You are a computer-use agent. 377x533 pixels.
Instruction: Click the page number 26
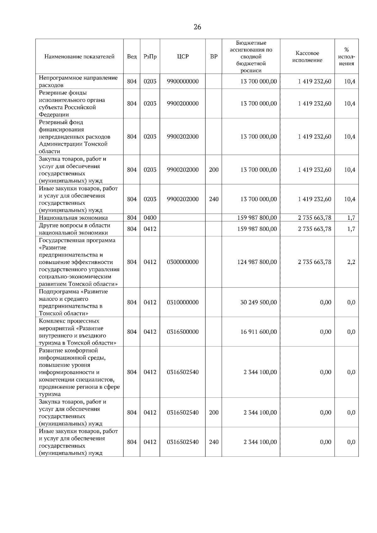point(197,27)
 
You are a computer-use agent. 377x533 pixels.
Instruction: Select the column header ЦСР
point(183,57)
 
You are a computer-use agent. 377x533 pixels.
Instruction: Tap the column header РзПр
point(150,57)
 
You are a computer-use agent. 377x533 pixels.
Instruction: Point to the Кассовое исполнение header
point(307,57)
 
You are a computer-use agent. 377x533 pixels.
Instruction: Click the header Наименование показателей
point(79,57)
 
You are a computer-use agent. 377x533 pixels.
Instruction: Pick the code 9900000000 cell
point(183,82)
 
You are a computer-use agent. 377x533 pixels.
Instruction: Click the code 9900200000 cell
point(183,104)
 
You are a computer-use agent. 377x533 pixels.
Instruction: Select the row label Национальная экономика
point(73,218)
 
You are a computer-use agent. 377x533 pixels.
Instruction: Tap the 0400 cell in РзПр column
point(150,218)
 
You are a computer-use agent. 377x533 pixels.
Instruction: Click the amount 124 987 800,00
point(257,262)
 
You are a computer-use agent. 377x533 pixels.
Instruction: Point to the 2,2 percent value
point(351,262)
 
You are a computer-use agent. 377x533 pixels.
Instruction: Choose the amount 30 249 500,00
point(259,303)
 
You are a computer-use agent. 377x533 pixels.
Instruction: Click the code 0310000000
point(183,303)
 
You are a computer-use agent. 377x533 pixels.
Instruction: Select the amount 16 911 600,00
point(259,332)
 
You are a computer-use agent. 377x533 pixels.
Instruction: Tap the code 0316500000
point(183,332)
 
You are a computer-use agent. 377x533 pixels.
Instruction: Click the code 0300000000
point(183,262)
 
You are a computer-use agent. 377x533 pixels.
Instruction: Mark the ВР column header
point(214,57)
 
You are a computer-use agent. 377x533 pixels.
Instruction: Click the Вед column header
point(132,57)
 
